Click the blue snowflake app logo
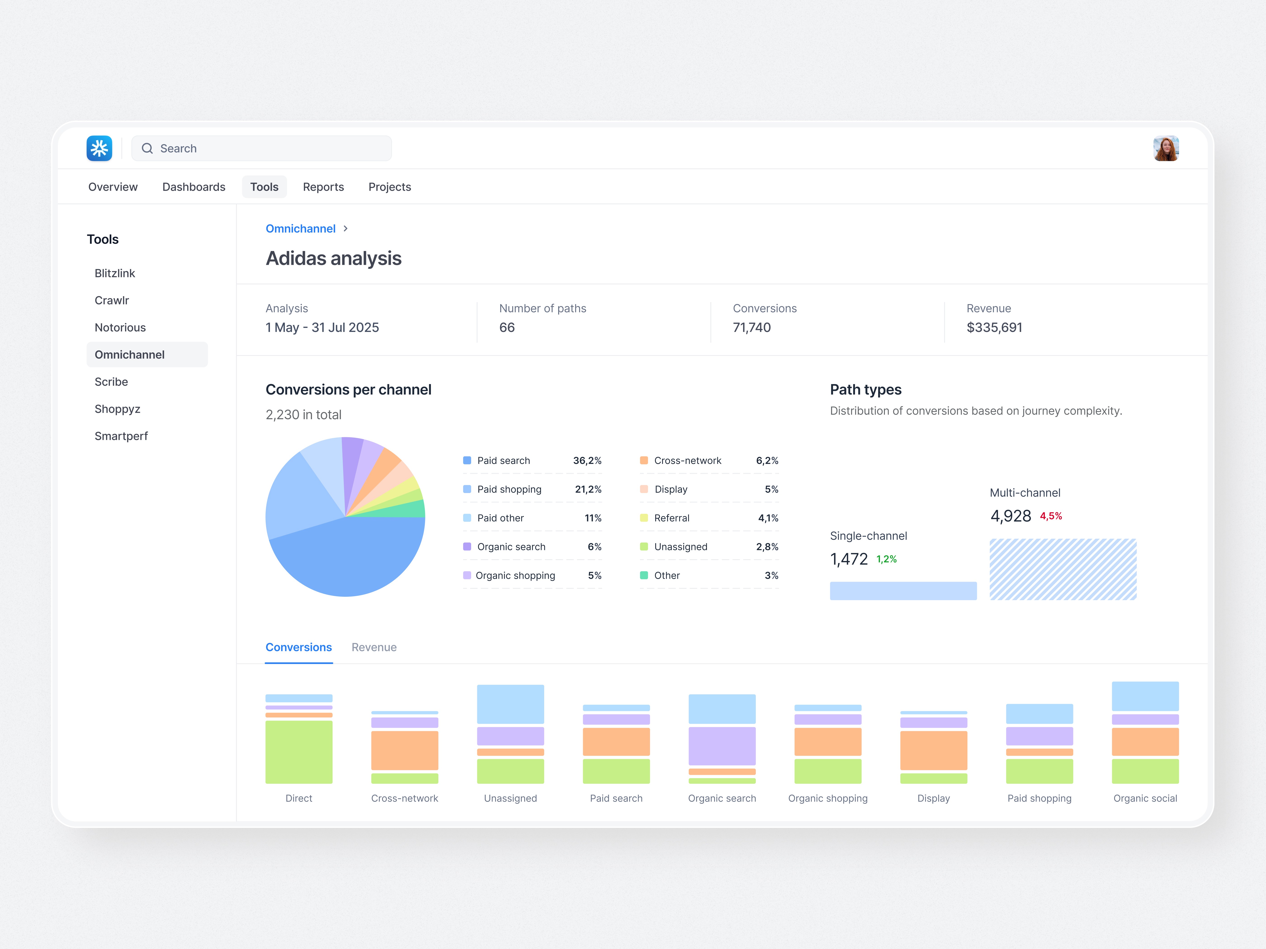click(99, 148)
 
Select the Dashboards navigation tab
click(194, 187)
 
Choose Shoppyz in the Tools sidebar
click(117, 409)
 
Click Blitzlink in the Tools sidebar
click(114, 273)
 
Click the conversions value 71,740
click(751, 328)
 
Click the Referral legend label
click(671, 518)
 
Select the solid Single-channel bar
click(902, 591)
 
